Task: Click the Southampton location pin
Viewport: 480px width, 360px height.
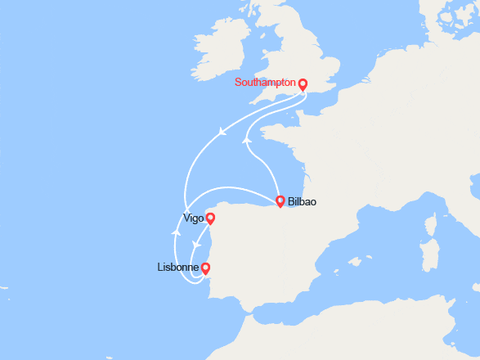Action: click(x=303, y=83)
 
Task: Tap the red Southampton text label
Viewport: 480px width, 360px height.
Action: click(x=265, y=82)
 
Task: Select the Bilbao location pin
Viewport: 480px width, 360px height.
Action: click(x=280, y=200)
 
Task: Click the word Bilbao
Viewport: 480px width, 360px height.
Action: click(x=303, y=201)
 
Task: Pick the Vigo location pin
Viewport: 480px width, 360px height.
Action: click(x=210, y=218)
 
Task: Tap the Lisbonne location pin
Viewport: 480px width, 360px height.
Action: click(x=205, y=268)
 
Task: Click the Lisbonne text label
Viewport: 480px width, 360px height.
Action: click(x=177, y=268)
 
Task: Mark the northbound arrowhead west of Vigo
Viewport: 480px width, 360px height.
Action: click(x=176, y=232)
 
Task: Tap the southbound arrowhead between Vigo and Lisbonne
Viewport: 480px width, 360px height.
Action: click(x=195, y=245)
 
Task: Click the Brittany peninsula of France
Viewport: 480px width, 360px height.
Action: click(x=266, y=130)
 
